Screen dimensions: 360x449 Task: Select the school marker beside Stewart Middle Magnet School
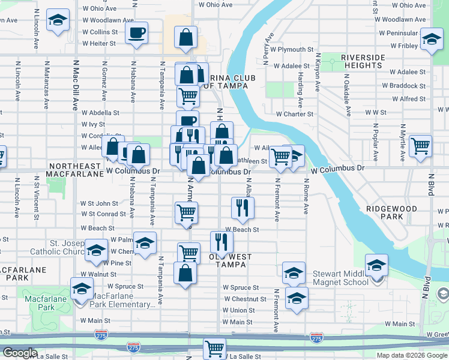tap(376, 265)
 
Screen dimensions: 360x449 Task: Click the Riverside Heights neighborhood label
tap(363, 61)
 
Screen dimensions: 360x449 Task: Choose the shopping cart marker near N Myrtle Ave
tap(420, 145)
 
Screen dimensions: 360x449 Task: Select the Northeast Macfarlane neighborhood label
tap(76, 170)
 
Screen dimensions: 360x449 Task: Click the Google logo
tap(20, 353)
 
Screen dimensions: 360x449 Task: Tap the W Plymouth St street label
tap(292, 49)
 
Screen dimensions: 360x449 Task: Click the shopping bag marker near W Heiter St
tap(186, 38)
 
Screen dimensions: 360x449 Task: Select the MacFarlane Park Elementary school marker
tap(82, 289)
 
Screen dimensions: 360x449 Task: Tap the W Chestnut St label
tap(245, 299)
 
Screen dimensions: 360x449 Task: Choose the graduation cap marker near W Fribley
tap(431, 39)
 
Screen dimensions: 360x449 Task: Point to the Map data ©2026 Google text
tap(412, 355)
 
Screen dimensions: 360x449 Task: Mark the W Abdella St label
tap(100, 112)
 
